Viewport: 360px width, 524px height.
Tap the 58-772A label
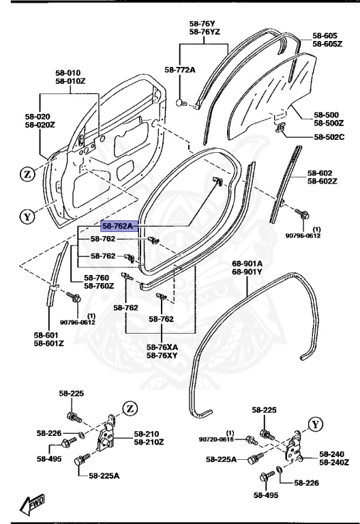[x=179, y=70]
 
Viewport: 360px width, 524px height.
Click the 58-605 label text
[x=325, y=35]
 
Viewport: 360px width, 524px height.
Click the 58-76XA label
[x=162, y=347]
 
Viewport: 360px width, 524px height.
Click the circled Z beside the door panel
[x=27, y=174]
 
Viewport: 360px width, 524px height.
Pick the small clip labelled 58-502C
[x=280, y=128]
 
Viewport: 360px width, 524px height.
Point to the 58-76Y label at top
[x=203, y=23]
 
